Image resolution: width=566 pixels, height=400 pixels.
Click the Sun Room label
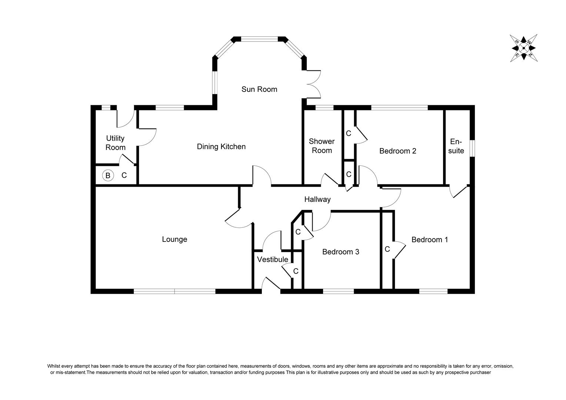(259, 89)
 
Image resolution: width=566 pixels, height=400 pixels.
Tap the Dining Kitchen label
(221, 147)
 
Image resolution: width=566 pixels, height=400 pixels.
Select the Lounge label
(174, 239)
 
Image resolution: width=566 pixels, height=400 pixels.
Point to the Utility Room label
(115, 143)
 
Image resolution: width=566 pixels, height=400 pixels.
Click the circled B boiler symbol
(108, 175)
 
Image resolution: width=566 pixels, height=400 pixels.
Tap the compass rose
(523, 48)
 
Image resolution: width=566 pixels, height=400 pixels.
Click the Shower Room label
(322, 146)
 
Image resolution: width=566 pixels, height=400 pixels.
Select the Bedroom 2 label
(398, 151)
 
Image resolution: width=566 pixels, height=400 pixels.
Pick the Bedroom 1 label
(430, 240)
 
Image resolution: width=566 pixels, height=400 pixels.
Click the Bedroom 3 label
(340, 252)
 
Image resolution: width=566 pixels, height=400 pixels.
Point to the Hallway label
(317, 199)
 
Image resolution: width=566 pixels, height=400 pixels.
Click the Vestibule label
(273, 259)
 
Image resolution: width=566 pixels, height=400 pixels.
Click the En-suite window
(472, 148)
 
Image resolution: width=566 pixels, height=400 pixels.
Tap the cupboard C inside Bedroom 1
(387, 249)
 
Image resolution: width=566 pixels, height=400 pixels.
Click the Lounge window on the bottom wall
(174, 291)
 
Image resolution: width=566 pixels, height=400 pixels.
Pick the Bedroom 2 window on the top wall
(399, 108)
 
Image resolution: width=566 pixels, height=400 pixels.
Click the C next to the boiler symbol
(124, 175)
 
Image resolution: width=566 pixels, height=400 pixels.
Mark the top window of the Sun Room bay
(259, 39)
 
